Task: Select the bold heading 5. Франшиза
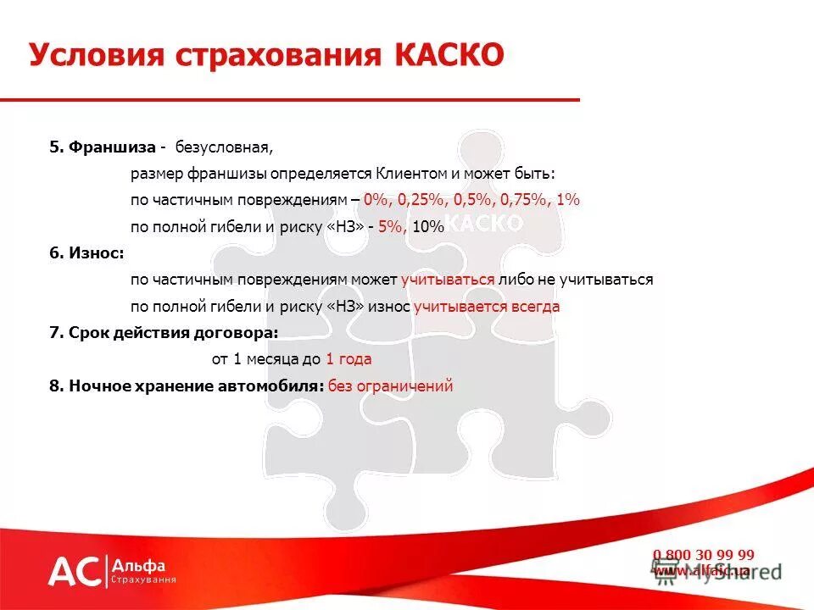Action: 102,147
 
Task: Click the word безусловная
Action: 224,147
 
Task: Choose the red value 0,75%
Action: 522,200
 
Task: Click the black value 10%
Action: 429,226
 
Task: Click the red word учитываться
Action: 448,280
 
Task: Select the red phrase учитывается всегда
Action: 487,307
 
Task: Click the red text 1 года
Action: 348,359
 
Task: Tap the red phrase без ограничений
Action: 391,385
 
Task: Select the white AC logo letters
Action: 75,572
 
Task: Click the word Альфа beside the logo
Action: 139,565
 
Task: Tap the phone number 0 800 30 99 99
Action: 703,555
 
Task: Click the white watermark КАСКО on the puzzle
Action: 483,223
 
